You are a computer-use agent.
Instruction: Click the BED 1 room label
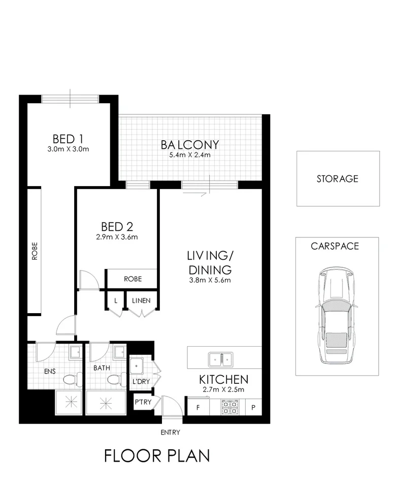(68, 139)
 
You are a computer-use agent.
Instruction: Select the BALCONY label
(189, 144)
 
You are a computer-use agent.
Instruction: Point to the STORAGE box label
(338, 178)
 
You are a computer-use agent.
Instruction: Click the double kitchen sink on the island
(222, 359)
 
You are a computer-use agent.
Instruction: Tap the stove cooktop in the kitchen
(229, 407)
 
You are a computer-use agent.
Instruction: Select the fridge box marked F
(198, 408)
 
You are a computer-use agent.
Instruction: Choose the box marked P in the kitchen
(252, 408)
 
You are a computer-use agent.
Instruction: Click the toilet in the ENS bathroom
(69, 379)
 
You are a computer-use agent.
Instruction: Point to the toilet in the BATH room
(115, 379)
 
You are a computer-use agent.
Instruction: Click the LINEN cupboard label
(141, 300)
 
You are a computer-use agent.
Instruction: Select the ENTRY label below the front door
(170, 433)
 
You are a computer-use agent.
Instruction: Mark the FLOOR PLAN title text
(157, 455)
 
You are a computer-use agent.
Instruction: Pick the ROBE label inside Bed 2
(132, 279)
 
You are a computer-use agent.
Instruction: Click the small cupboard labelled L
(116, 300)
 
